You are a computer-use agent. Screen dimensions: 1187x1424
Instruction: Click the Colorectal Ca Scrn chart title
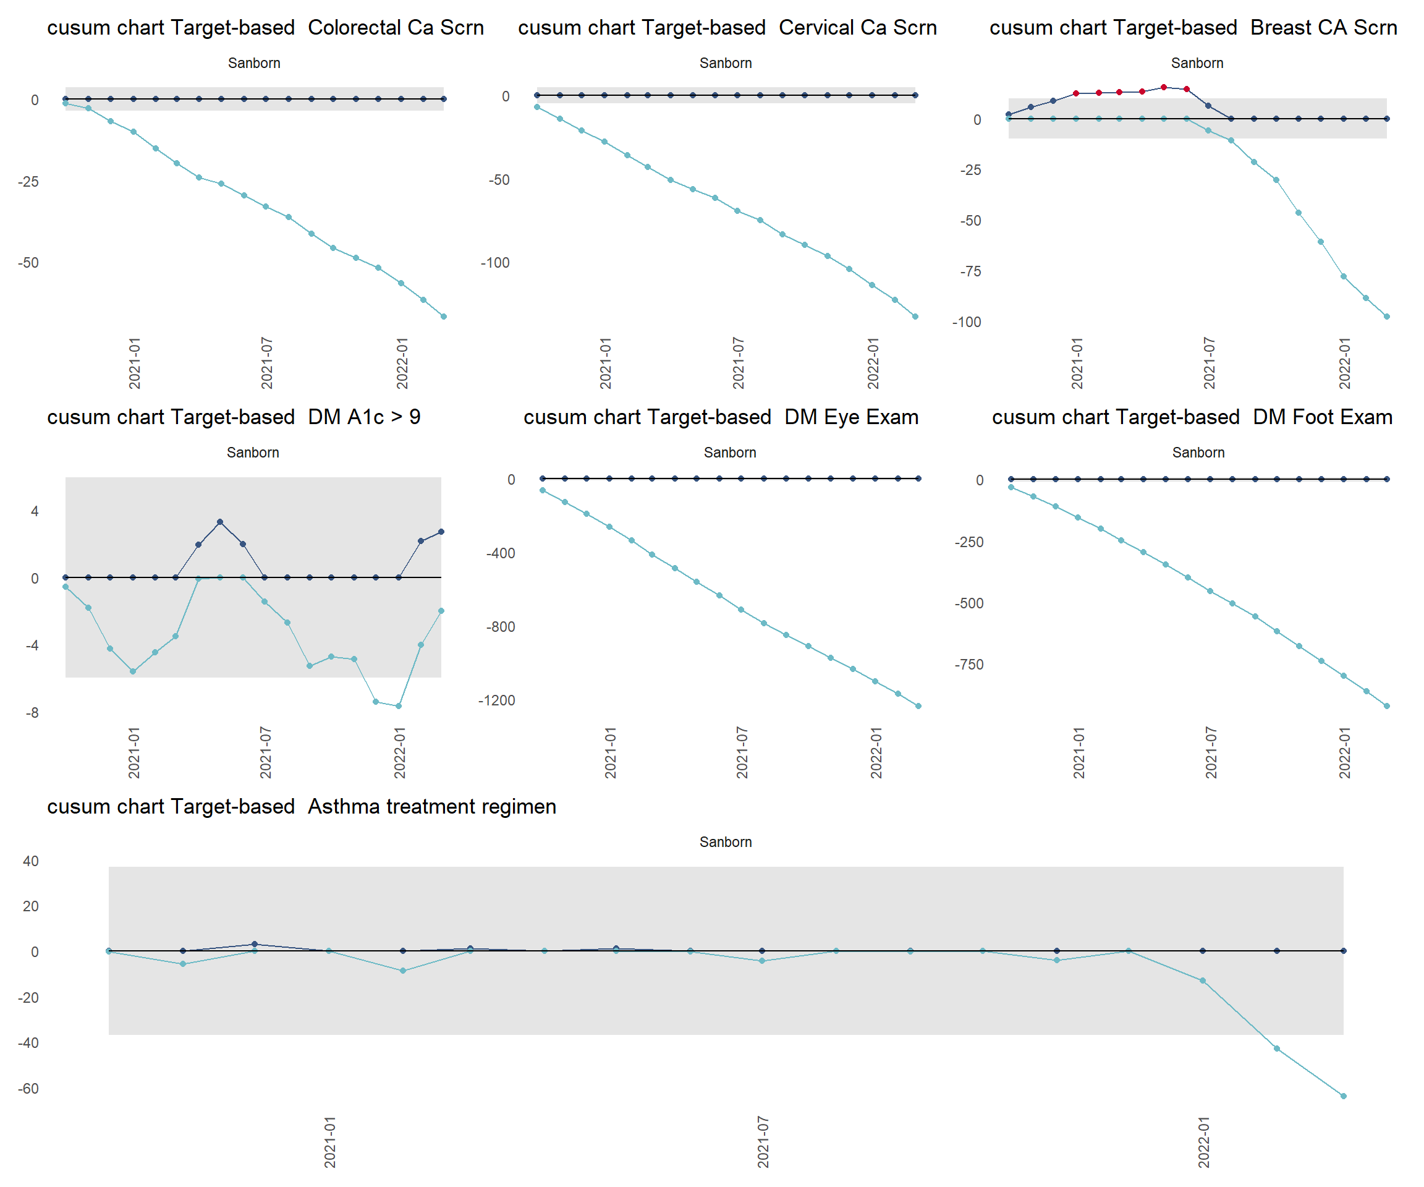click(x=265, y=28)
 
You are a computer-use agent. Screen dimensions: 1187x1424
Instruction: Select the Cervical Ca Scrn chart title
click(x=727, y=28)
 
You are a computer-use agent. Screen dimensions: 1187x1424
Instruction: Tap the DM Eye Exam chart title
click(x=721, y=417)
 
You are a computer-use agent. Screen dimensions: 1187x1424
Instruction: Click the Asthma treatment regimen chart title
click(x=301, y=807)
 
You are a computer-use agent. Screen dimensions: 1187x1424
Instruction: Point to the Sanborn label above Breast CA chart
click(x=1197, y=63)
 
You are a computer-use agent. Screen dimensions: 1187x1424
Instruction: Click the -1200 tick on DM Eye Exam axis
click(x=496, y=700)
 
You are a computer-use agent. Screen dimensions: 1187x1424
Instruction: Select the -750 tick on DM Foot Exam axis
click(x=968, y=665)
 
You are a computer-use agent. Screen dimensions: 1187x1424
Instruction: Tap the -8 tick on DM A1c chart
click(x=32, y=713)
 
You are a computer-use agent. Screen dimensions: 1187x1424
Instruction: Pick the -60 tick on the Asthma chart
click(x=28, y=1089)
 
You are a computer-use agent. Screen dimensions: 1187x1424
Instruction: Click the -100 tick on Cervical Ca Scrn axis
click(x=495, y=263)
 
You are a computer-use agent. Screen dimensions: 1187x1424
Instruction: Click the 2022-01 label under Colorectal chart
click(x=402, y=363)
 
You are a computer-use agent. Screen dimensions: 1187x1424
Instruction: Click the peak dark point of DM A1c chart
click(x=219, y=522)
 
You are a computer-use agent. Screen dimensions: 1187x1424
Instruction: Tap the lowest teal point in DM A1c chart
click(x=399, y=706)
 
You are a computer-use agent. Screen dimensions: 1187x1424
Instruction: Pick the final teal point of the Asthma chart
click(x=1343, y=1096)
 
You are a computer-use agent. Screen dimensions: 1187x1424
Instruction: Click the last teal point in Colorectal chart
click(x=444, y=317)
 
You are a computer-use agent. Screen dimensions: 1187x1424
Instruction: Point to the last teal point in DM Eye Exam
click(x=918, y=706)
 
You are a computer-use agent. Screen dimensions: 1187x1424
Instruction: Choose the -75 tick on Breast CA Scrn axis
click(x=970, y=271)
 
